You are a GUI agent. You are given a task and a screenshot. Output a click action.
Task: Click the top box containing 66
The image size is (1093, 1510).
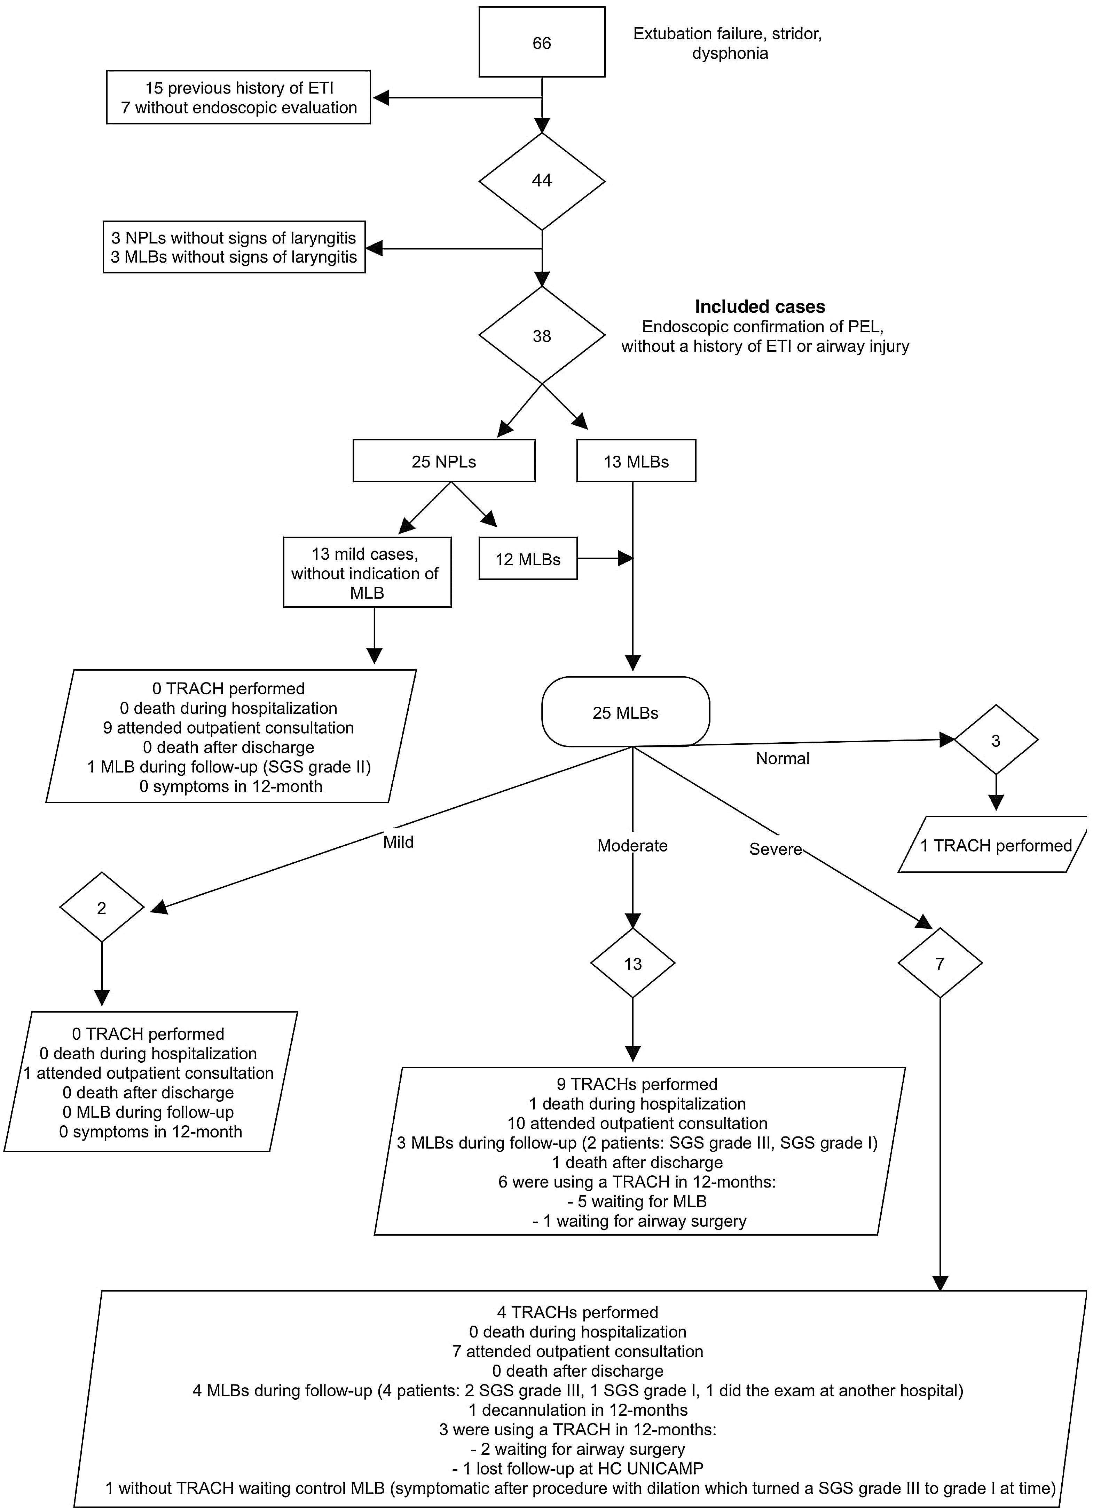pyautogui.click(x=542, y=42)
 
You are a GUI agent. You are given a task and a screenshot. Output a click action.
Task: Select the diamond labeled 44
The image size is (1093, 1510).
pyautogui.click(x=542, y=181)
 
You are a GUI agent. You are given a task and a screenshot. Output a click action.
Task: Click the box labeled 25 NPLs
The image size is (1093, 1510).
pyautogui.click(x=443, y=461)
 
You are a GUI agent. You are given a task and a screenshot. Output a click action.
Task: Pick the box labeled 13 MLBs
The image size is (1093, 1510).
pyautogui.click(x=636, y=461)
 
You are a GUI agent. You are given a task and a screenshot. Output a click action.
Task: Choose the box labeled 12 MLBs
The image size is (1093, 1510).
pyautogui.click(x=527, y=559)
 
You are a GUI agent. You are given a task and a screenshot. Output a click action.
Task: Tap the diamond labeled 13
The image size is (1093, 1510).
pyautogui.click(x=632, y=964)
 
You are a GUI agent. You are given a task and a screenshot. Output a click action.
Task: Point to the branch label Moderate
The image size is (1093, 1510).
pyautogui.click(x=632, y=846)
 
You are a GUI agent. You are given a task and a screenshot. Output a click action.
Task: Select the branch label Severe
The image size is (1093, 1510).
pyautogui.click(x=775, y=849)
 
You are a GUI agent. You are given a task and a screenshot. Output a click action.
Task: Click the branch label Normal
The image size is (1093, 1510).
pyautogui.click(x=783, y=758)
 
